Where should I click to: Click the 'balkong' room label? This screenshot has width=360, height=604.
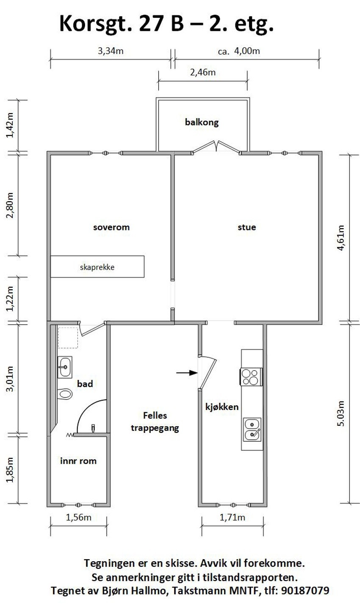point(202,123)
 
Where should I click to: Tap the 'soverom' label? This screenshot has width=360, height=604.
point(111,227)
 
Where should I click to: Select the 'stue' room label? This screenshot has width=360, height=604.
point(246,227)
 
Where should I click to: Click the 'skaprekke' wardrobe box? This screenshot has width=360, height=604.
point(97,267)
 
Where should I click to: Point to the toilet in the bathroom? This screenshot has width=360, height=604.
point(65,394)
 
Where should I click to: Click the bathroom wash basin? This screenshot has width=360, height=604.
point(65,366)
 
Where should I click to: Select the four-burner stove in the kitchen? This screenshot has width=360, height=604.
point(251,376)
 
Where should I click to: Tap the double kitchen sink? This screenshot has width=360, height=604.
point(252,429)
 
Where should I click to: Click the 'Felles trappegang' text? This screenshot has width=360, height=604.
point(155,421)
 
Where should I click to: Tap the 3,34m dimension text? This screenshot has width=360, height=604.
point(111,51)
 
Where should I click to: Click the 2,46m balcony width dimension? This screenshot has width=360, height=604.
point(203,72)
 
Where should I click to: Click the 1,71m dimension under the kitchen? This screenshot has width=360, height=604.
point(232,517)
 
